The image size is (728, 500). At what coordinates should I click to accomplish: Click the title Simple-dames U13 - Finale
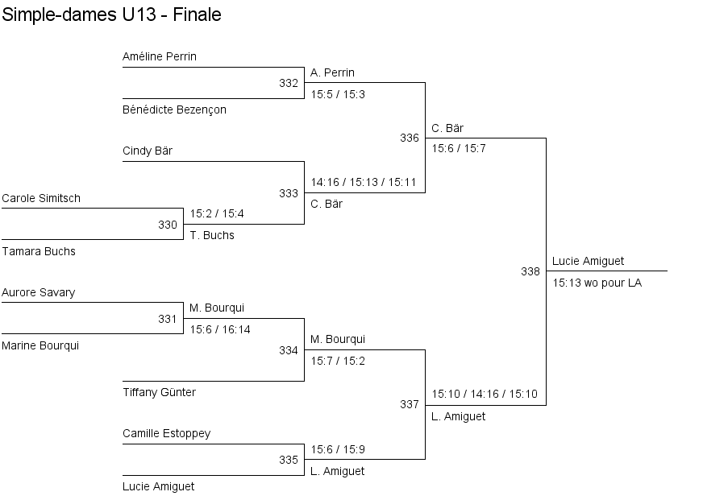111,14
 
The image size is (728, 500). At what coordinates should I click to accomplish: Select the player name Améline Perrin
160,56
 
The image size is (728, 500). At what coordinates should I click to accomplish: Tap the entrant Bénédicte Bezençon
175,110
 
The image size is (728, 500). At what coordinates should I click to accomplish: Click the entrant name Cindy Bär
148,151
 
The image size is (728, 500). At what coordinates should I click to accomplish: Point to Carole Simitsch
41,199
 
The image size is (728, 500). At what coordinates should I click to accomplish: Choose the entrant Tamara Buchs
39,251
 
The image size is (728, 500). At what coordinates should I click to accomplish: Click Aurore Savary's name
38,292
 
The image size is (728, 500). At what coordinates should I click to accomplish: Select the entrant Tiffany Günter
160,392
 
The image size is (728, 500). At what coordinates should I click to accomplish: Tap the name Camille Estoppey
167,434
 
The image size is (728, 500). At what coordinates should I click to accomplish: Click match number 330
168,225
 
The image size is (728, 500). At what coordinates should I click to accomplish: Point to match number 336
410,138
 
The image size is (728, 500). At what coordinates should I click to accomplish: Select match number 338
530,271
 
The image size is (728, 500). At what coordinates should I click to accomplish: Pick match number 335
289,460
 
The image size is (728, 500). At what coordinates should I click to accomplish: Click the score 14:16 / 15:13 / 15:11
364,182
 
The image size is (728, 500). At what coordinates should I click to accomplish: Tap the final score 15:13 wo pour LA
597,283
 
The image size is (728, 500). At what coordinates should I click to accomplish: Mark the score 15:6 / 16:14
220,330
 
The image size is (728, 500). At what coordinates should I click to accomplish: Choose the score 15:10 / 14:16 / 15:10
485,395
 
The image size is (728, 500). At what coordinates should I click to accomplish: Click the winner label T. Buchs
212,236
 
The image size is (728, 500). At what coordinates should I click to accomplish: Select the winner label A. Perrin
332,72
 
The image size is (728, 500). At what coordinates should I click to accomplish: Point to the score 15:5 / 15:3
338,95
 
